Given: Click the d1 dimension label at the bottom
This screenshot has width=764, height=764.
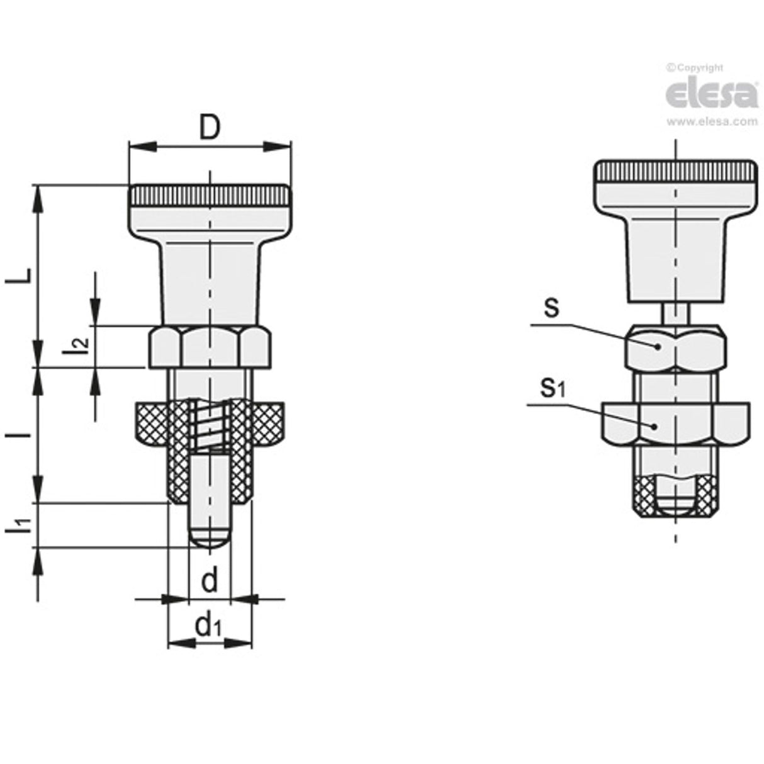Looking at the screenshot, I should (209, 626).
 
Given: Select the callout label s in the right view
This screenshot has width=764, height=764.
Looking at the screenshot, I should (551, 310).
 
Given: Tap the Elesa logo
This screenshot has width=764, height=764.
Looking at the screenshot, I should (711, 94).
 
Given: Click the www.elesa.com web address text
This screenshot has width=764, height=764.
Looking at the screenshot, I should (712, 122).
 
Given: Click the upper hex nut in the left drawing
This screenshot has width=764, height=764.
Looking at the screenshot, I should (210, 347).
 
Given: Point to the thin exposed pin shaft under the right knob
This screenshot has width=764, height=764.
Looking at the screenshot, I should (675, 312).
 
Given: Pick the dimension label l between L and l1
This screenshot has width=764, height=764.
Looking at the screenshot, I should (20, 434).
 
